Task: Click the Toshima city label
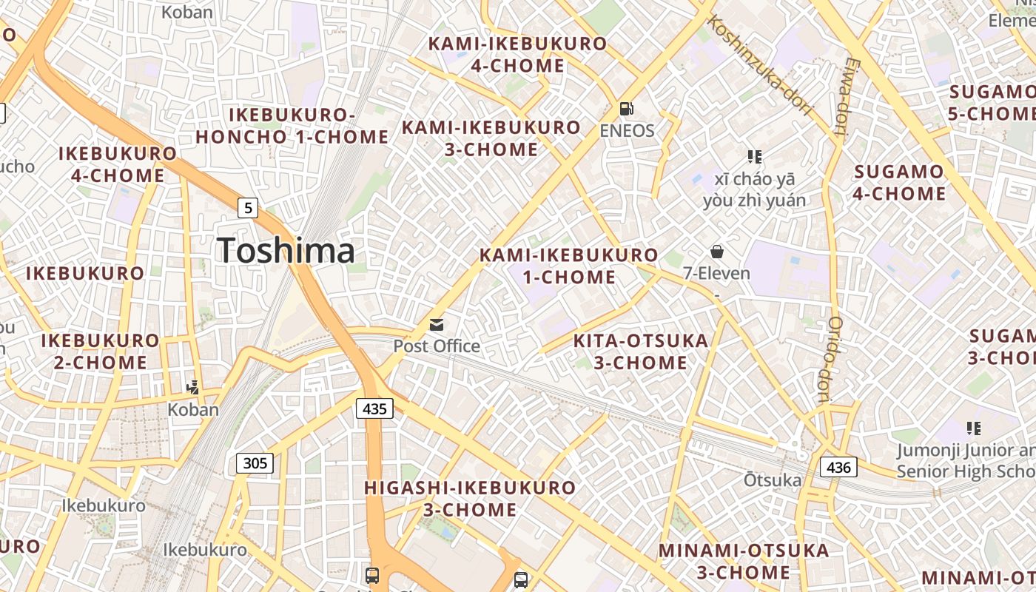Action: click(286, 250)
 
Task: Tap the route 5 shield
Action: click(248, 208)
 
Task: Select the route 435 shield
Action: click(374, 408)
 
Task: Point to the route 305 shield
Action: click(255, 463)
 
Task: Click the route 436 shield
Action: click(838, 467)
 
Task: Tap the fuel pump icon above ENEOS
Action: click(626, 109)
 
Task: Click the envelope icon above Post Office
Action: click(437, 324)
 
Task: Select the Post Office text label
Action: click(437, 346)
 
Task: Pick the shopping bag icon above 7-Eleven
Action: click(716, 252)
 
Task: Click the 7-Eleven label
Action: click(716, 273)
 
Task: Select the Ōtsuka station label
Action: click(773, 480)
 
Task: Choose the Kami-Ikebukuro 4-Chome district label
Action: click(518, 54)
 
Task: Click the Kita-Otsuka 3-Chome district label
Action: click(641, 351)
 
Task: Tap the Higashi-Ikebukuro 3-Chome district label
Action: click(470, 499)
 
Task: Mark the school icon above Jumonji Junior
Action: click(974, 428)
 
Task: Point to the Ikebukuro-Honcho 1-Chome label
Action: click(292, 126)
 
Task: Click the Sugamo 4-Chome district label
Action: click(899, 183)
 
